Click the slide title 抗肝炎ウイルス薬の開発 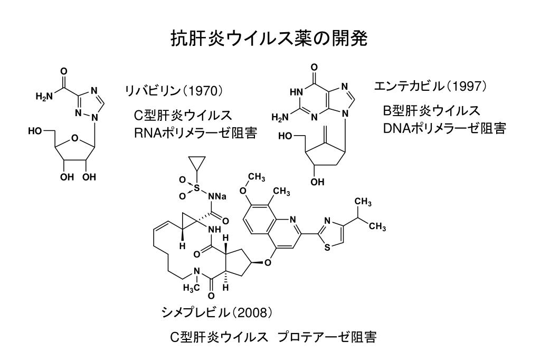(269, 39)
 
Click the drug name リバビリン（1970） (174, 91)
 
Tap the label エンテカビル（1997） (431, 86)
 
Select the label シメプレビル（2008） (217, 312)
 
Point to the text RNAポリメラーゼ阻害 (196, 133)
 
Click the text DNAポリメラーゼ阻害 (444, 128)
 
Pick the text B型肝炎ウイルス (431, 110)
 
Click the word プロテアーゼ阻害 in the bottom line (327, 337)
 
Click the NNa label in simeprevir (217, 197)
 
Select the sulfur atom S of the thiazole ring (327, 247)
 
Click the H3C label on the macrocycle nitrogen (191, 289)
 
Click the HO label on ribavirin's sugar (35, 131)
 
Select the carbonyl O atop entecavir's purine (314, 67)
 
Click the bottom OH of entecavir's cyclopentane (317, 182)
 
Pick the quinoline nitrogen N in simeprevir (293, 220)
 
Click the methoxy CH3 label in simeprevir (257, 178)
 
